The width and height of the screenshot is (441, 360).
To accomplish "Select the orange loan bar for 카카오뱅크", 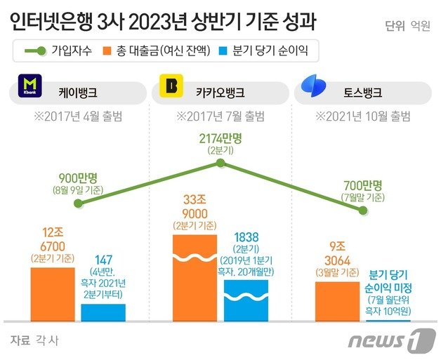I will [195, 278].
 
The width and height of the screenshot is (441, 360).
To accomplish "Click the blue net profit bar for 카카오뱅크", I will [246, 300].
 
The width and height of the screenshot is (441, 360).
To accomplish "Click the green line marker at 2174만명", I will [220, 164].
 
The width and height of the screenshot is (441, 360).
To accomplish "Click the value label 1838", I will [246, 236].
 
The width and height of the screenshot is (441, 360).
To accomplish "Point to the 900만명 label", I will [81, 179].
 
